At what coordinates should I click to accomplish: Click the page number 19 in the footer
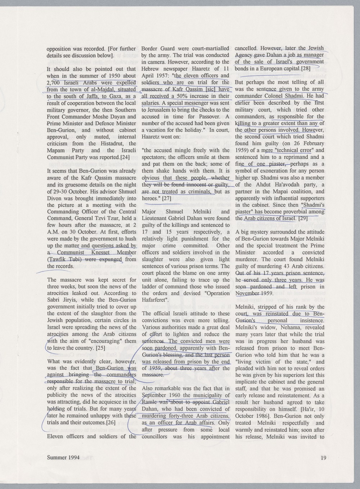pos(323,458)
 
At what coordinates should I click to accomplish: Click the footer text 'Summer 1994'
pos(62,458)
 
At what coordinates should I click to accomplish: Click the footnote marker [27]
pos(166,199)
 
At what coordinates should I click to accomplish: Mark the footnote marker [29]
pos(302,219)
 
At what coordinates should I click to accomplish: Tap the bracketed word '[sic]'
pos(211,89)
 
